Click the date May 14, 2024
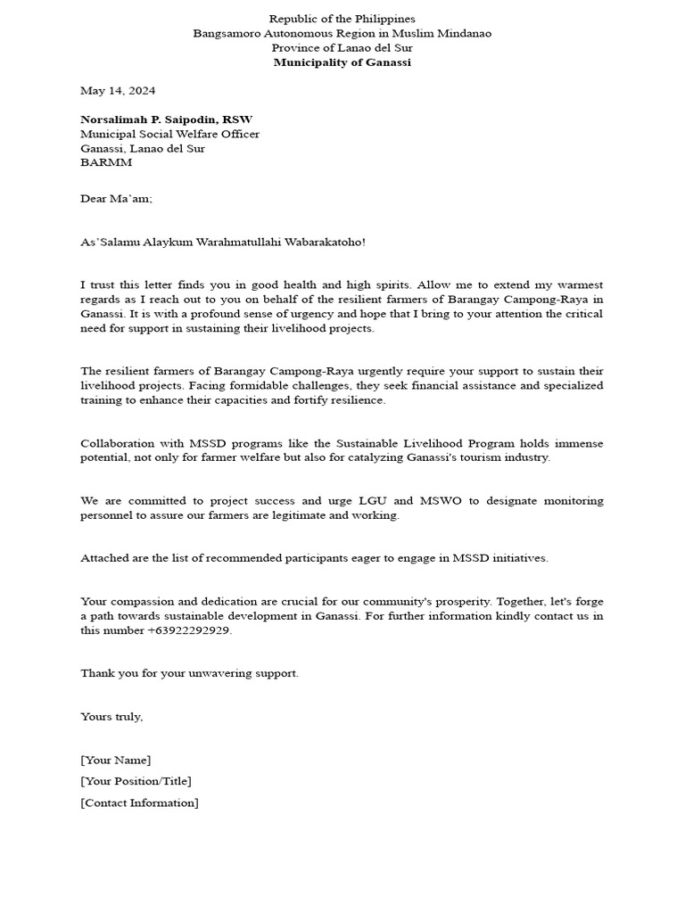click(x=118, y=91)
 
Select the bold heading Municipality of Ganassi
click(x=342, y=62)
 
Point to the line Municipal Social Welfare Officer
click(x=169, y=134)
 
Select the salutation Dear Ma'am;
click(x=116, y=199)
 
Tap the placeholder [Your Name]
click(x=116, y=760)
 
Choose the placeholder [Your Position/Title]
click(x=136, y=781)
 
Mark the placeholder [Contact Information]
click(x=139, y=802)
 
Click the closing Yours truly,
click(x=111, y=716)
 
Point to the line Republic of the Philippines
click(x=342, y=19)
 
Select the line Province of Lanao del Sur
click(x=342, y=48)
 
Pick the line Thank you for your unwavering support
click(x=189, y=673)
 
